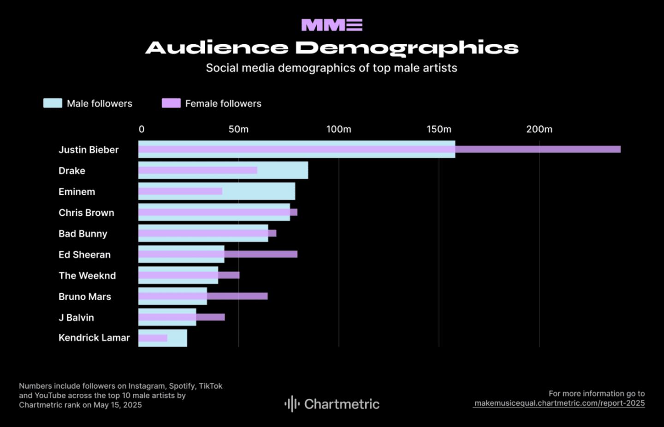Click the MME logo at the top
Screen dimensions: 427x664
(x=332, y=25)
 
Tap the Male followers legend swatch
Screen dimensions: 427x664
(x=53, y=103)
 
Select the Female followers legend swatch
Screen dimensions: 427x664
(x=171, y=103)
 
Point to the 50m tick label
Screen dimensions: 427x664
(x=238, y=130)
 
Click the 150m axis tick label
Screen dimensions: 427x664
(x=439, y=130)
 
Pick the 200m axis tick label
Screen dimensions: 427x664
(x=539, y=130)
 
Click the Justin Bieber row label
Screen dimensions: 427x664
(x=89, y=150)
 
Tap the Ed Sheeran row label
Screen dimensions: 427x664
(x=84, y=255)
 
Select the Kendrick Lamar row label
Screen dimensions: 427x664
(x=94, y=338)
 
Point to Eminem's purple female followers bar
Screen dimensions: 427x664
(x=180, y=191)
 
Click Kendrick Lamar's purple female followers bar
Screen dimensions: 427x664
(x=153, y=338)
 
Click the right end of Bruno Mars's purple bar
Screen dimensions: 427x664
(x=266, y=296)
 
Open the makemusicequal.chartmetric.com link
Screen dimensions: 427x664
(x=559, y=403)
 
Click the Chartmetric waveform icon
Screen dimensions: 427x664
(x=292, y=404)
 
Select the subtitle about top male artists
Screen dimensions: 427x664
(x=332, y=68)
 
